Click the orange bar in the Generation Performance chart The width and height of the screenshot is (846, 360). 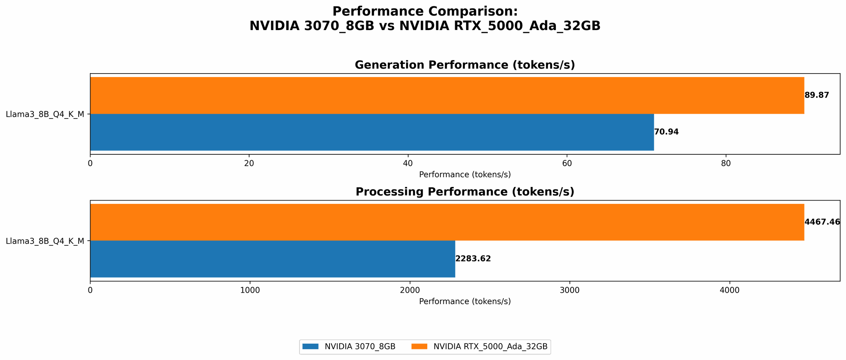(447, 95)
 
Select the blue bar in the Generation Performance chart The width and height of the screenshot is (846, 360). (372, 132)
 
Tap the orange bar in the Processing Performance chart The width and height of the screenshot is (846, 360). (447, 222)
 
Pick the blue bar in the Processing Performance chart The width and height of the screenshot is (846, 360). (272, 259)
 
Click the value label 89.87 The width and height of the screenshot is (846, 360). (817, 95)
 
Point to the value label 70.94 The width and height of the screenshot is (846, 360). (666, 132)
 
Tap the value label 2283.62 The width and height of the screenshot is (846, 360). (473, 259)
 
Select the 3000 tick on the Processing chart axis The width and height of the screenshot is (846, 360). (569, 291)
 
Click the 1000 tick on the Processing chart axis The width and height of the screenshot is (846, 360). (250, 291)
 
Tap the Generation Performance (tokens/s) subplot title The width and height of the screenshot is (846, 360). (465, 65)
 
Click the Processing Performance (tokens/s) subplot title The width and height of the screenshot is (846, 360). (465, 192)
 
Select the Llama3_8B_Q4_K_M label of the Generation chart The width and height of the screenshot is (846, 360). (45, 114)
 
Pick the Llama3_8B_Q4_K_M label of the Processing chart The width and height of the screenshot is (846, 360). (45, 241)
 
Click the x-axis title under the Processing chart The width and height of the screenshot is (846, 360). (465, 302)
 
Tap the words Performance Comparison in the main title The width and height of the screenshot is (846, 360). (425, 11)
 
